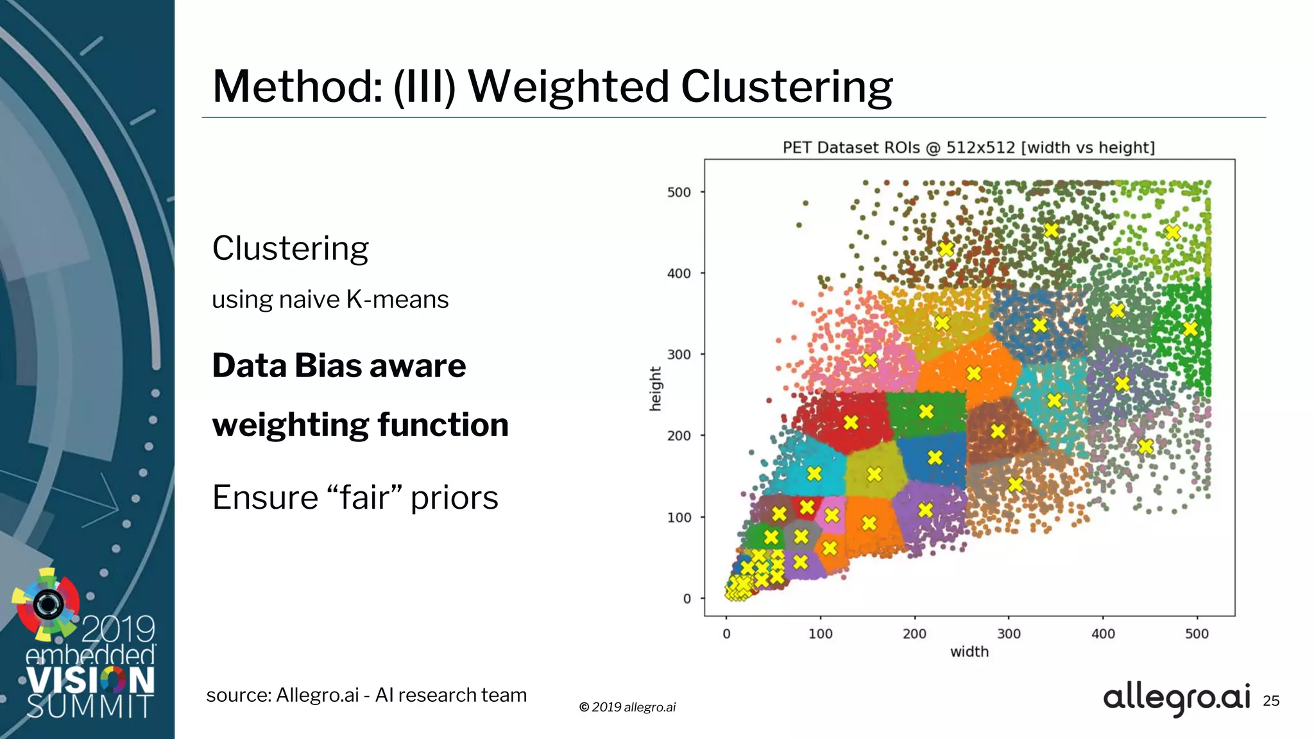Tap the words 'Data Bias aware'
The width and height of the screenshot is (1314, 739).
tap(339, 366)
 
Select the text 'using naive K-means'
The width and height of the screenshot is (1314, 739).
tap(330, 300)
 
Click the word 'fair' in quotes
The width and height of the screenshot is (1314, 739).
tap(364, 498)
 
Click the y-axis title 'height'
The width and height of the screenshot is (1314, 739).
tap(655, 389)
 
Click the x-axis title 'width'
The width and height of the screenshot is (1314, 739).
tap(969, 652)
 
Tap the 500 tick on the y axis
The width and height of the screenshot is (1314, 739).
tap(679, 192)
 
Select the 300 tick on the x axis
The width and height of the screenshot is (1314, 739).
tap(1009, 634)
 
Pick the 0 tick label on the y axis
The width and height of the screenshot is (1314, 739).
tap(687, 599)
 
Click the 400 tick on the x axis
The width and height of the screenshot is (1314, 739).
tap(1103, 634)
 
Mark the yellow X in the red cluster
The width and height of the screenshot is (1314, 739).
tap(851, 422)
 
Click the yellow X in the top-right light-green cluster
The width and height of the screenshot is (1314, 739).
tap(1173, 233)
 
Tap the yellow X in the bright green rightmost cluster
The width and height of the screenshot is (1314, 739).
tap(1190, 329)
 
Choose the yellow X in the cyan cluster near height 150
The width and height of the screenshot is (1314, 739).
tap(814, 473)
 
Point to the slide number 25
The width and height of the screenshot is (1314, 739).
tap(1271, 701)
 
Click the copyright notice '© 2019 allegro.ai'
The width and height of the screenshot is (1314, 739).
tap(627, 707)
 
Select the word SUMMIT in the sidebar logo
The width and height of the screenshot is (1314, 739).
tap(89, 707)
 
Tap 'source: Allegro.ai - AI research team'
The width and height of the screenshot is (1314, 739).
tap(366, 695)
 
